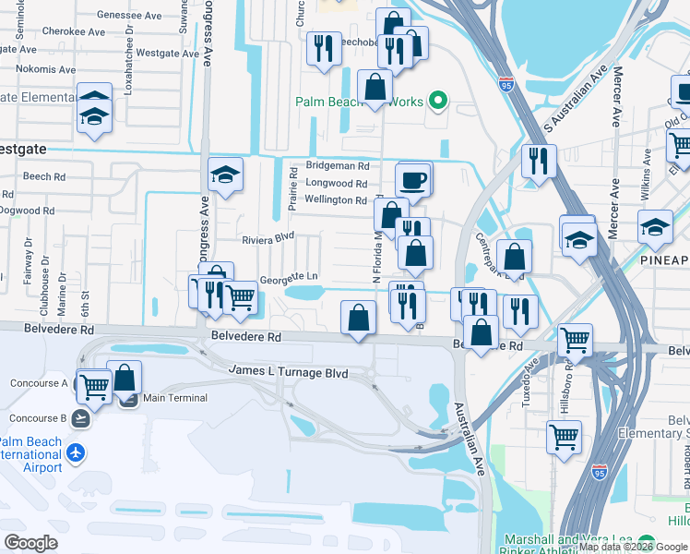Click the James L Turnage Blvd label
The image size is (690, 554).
(289, 372)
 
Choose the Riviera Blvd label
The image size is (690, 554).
(268, 237)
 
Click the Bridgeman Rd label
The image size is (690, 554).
(337, 166)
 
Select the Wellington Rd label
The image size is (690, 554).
(336, 199)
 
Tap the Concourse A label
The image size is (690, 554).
(39, 383)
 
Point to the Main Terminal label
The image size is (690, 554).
(175, 398)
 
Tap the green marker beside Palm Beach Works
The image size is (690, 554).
(439, 102)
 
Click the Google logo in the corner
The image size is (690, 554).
(30, 543)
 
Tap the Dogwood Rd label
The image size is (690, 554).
(28, 211)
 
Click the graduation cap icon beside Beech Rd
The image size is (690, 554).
(224, 174)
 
